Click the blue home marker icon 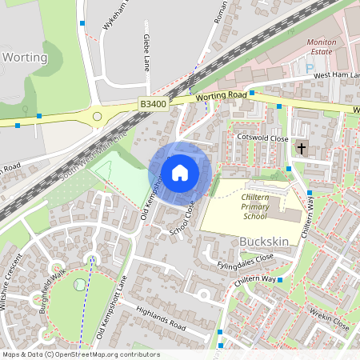click(180, 172)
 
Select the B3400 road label click(152, 104)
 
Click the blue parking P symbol click(310, 69)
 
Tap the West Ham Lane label click(336, 74)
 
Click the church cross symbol click(302, 148)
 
